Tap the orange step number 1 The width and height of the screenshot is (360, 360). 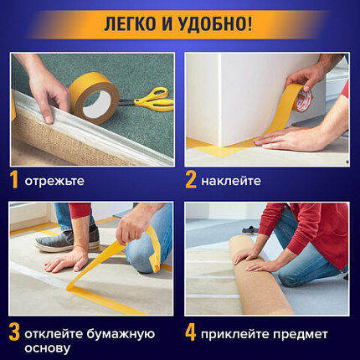click(14, 180)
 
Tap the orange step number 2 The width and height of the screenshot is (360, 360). click(191, 180)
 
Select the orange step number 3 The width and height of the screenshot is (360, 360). click(14, 332)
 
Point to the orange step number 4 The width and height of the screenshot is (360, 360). click(191, 332)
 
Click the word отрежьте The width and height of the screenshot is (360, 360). click(54, 181)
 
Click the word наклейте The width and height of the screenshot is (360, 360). click(230, 181)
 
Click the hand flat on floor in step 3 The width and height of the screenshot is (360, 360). click(67, 263)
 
